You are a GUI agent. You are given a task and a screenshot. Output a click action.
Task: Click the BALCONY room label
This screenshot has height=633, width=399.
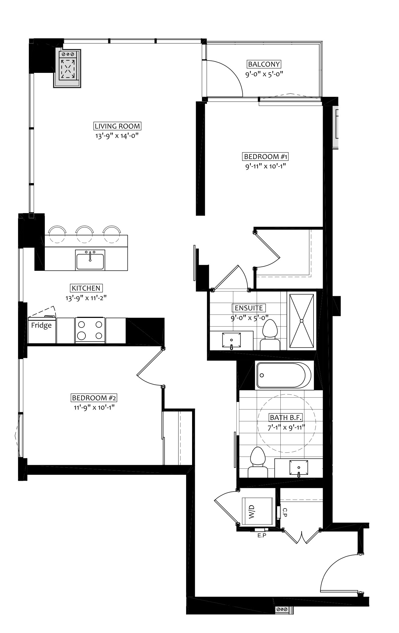coord(264,64)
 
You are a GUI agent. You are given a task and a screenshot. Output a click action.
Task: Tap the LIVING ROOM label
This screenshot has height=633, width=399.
coord(117,126)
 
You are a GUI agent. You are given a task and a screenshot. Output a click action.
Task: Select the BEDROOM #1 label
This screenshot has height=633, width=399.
coord(266,157)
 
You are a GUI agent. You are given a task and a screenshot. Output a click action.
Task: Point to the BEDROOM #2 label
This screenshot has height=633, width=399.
coord(94,398)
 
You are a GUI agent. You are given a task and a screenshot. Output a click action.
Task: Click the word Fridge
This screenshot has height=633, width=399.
coord(41,325)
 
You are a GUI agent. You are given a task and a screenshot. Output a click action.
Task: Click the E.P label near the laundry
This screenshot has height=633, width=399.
coord(262,536)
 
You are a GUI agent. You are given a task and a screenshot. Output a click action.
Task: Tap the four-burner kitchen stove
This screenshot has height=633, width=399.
coord(90,330)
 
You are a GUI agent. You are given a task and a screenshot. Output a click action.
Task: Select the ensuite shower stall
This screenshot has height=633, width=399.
coord(302,321)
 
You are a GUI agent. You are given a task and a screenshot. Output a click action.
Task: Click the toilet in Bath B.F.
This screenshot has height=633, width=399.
coord(258,463)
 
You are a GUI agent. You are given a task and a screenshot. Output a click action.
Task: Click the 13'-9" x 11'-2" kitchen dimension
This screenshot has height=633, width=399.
coord(86,298)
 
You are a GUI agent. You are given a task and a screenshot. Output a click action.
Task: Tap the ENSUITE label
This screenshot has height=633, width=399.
coord(249,308)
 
